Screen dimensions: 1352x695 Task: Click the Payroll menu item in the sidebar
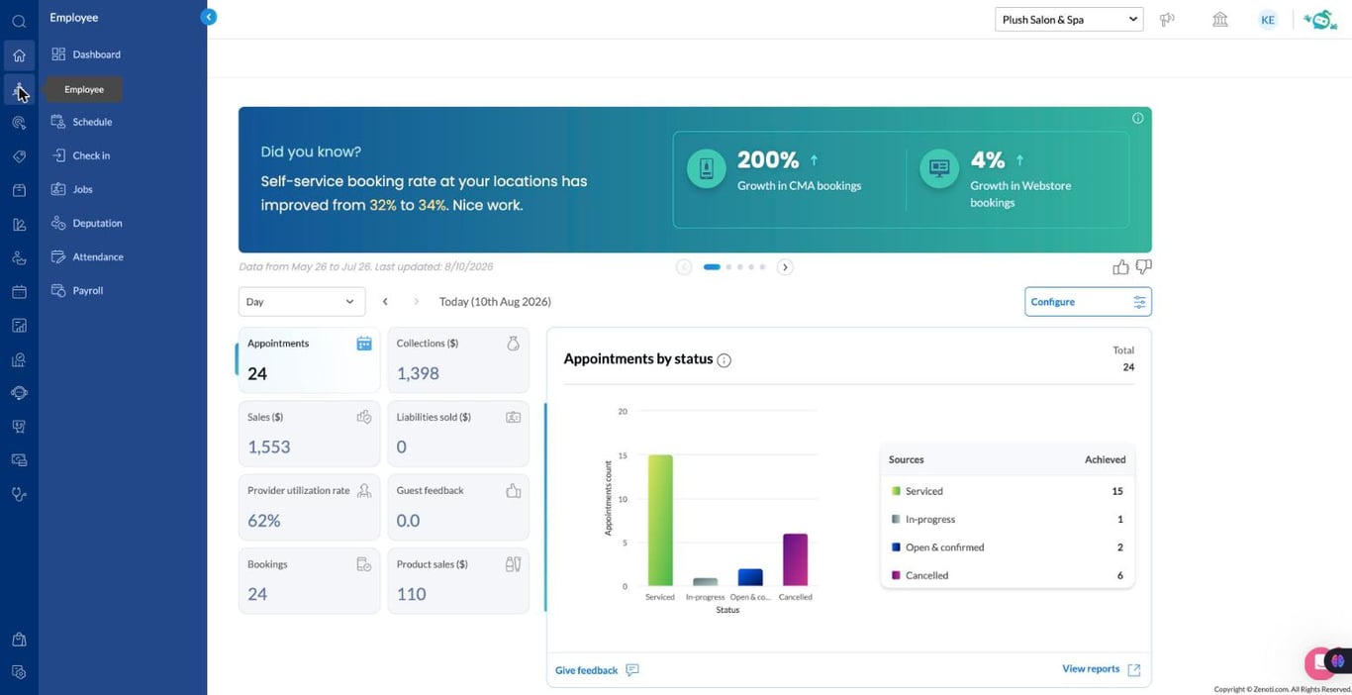point(87,290)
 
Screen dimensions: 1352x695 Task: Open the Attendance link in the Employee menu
point(97,256)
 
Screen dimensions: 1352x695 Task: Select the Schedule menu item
point(92,122)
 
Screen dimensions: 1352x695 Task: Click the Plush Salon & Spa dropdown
point(1069,20)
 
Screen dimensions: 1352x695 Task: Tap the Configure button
point(1088,301)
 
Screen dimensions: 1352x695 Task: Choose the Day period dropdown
point(301,301)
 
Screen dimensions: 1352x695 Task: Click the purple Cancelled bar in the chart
point(795,559)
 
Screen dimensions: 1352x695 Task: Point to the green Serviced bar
point(660,520)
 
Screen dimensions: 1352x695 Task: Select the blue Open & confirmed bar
point(750,577)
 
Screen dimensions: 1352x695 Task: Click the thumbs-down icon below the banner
point(1143,267)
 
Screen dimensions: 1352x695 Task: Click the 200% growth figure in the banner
point(768,160)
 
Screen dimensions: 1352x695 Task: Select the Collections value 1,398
point(418,373)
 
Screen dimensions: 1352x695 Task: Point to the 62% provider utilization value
point(263,521)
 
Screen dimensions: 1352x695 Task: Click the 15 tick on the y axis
point(623,455)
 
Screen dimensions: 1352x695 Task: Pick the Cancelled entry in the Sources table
point(926,575)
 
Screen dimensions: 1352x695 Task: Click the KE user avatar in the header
point(1268,20)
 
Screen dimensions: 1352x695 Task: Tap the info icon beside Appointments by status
point(724,360)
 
